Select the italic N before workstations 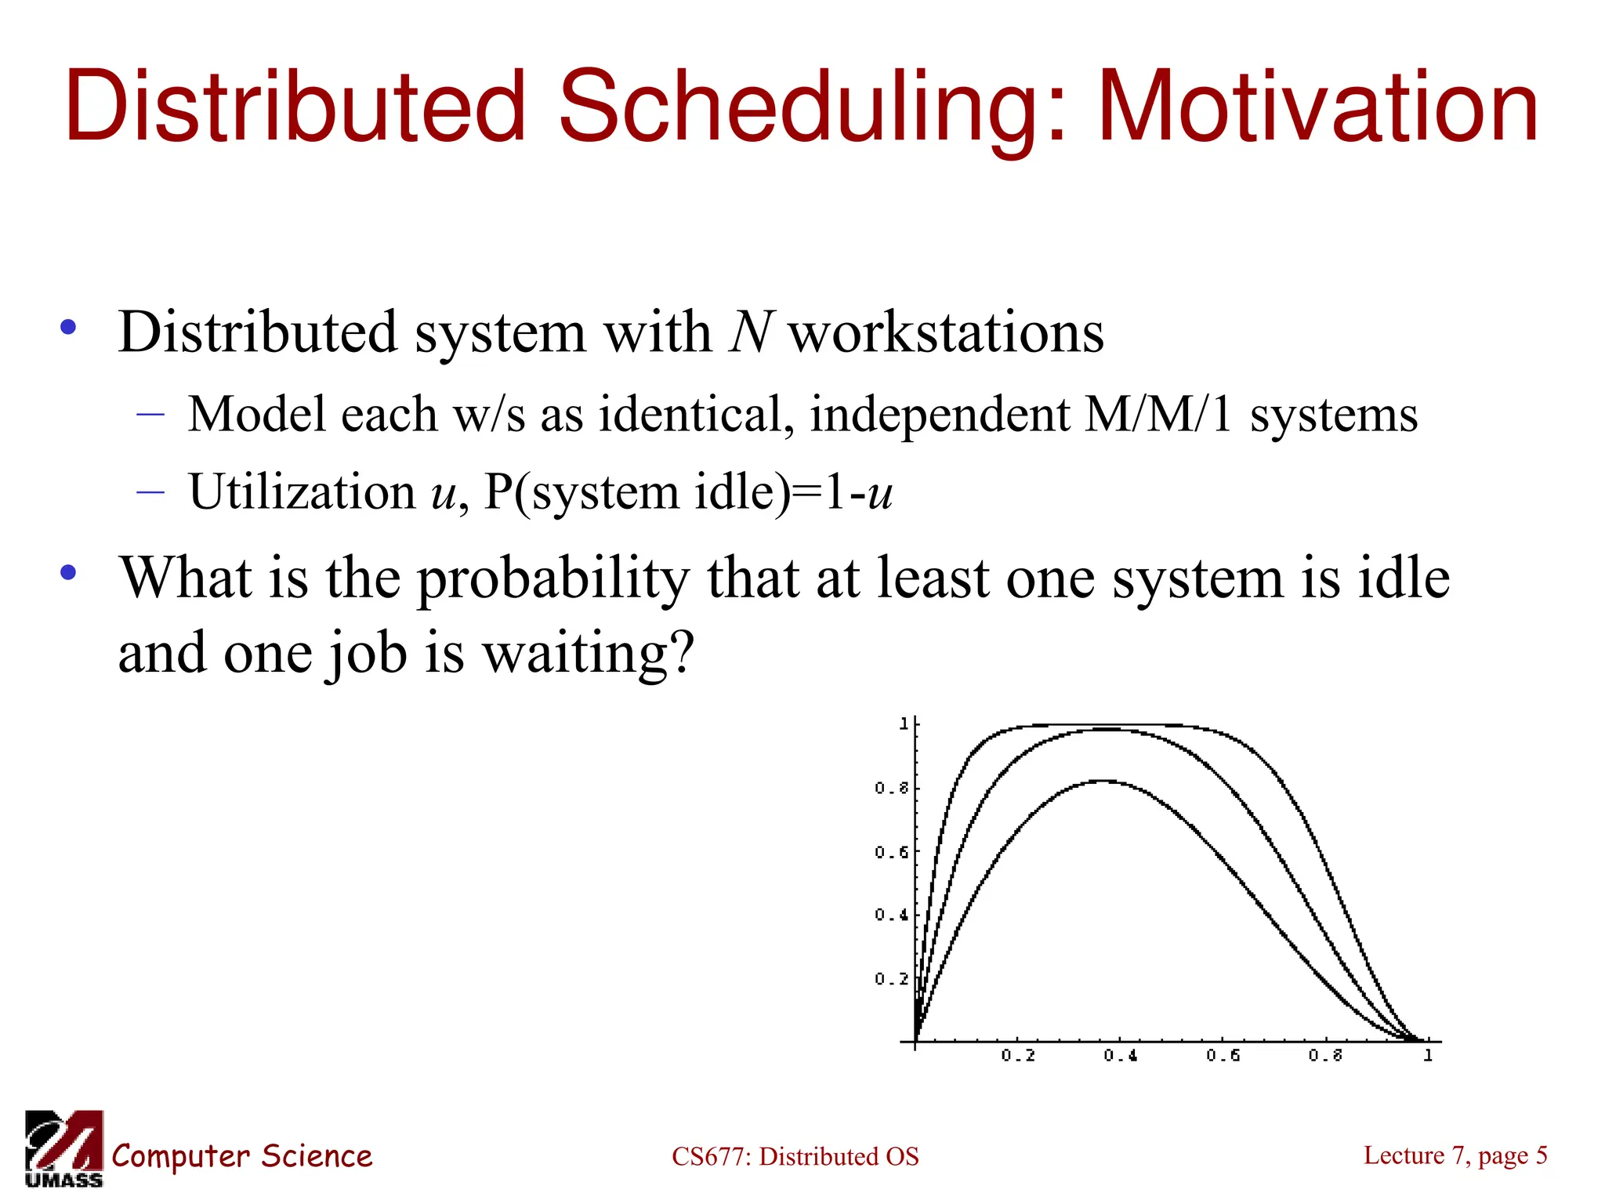coord(751,332)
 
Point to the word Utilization coord(302,492)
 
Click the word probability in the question coord(553,578)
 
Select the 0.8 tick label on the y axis coord(891,788)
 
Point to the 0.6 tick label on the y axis coord(891,852)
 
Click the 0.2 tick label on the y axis coord(891,979)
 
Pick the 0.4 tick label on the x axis coord(1121,1056)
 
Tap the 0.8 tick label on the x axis coord(1325,1056)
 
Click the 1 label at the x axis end coord(1428,1056)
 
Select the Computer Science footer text coord(242,1157)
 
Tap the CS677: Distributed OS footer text coord(795,1157)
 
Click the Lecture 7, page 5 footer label coord(1455,1155)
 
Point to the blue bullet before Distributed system coord(69,328)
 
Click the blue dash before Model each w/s coord(150,414)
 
